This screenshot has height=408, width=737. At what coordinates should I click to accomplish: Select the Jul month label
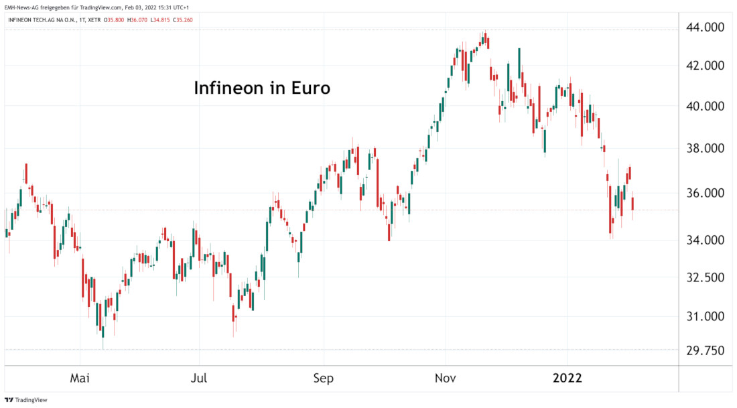pyautogui.click(x=198, y=379)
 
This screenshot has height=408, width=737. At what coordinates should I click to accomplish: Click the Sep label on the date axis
pyautogui.click(x=323, y=379)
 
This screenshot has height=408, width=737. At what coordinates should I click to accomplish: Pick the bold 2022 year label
pyautogui.click(x=567, y=379)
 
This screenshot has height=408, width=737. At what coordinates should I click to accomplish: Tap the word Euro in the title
pyautogui.click(x=310, y=88)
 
